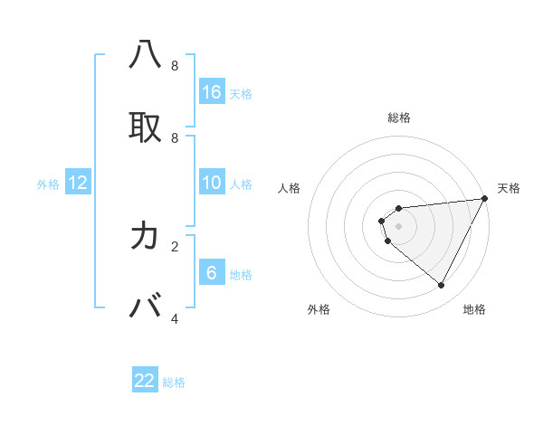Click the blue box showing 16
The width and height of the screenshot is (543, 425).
point(212,92)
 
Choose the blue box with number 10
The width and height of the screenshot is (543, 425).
point(212,184)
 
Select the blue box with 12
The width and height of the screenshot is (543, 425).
point(78,184)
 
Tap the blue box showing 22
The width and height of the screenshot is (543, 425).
point(145,381)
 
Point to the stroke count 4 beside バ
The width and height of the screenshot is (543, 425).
point(175,318)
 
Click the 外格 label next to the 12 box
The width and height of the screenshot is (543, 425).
point(48,184)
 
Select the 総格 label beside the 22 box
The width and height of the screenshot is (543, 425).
point(174,382)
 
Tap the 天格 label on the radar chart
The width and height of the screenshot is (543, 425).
point(509,188)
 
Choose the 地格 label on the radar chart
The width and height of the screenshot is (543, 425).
point(474,309)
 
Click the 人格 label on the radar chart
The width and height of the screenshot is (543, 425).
point(290,188)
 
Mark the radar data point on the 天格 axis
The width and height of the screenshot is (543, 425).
point(485,199)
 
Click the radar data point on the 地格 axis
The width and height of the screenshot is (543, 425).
point(442,286)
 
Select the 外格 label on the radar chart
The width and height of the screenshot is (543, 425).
point(319,309)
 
